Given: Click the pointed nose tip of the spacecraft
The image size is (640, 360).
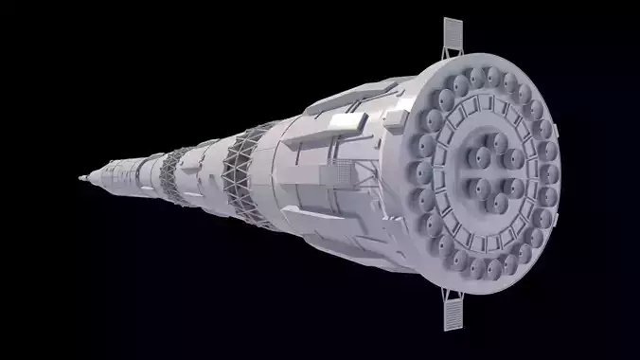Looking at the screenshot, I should click(79, 178).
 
